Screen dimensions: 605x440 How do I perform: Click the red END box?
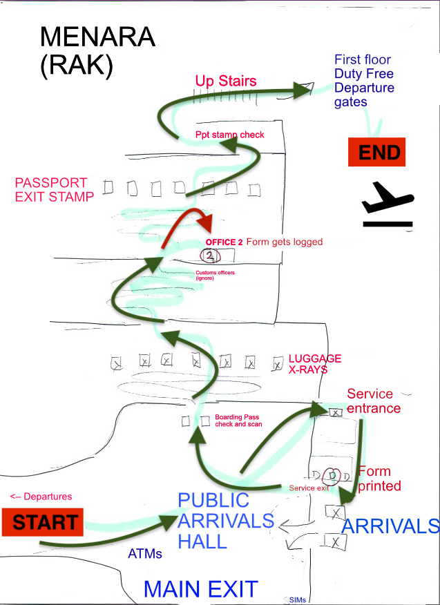[x=376, y=152]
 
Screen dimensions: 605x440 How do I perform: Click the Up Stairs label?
[x=225, y=81]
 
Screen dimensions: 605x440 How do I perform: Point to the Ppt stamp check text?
[x=230, y=135]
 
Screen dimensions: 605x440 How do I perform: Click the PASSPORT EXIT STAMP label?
[x=55, y=190]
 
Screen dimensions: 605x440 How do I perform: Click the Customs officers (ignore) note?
[x=211, y=275]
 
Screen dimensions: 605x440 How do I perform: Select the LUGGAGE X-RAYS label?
[x=314, y=364]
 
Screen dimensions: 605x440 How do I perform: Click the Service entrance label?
[x=373, y=401]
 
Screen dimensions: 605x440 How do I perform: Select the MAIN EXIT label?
[x=200, y=589]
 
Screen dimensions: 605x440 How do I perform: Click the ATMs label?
[x=146, y=553]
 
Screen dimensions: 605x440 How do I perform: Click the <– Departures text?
[x=41, y=496]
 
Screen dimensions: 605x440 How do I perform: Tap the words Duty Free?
[x=364, y=73]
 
